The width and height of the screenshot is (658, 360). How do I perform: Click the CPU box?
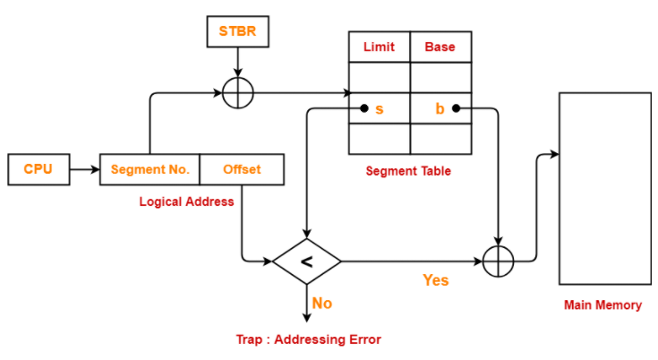click(x=38, y=169)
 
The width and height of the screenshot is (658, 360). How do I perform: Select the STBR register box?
click(x=238, y=31)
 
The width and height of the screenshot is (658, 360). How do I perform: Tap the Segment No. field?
click(x=150, y=169)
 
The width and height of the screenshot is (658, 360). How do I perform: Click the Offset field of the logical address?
click(x=242, y=169)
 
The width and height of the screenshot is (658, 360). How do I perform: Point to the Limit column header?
click(x=380, y=47)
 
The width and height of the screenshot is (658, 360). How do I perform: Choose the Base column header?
click(x=440, y=47)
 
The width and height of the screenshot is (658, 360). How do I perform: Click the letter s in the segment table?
click(x=380, y=109)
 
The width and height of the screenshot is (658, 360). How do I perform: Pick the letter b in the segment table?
click(x=440, y=108)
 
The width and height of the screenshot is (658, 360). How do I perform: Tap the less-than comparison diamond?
click(x=307, y=261)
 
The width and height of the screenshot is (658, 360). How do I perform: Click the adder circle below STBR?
click(x=238, y=78)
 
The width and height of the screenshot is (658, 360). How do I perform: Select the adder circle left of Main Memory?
click(x=498, y=246)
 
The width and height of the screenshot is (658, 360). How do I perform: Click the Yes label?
click(x=436, y=280)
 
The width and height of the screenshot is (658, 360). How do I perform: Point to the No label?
click(x=322, y=304)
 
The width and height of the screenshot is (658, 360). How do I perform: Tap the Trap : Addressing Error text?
click(x=309, y=339)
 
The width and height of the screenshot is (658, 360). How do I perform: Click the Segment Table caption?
click(x=408, y=171)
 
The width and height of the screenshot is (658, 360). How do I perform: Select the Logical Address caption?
click(x=187, y=201)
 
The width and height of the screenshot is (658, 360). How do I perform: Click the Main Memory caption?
click(x=602, y=305)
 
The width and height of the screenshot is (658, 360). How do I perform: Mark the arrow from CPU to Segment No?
click(x=85, y=169)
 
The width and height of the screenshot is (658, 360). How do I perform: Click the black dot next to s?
click(x=364, y=108)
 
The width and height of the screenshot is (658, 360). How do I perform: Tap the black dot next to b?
click(x=457, y=108)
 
